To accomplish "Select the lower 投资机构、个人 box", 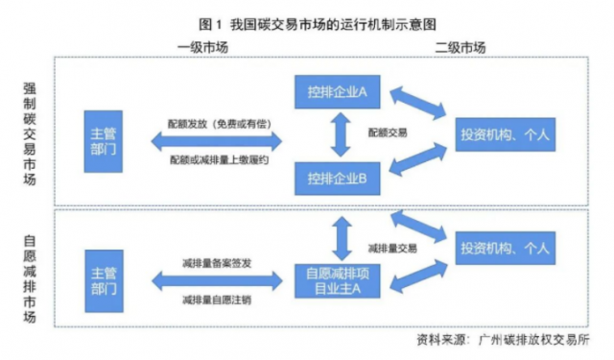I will pos(507,249).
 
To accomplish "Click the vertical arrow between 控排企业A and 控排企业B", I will pos(336,134).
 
